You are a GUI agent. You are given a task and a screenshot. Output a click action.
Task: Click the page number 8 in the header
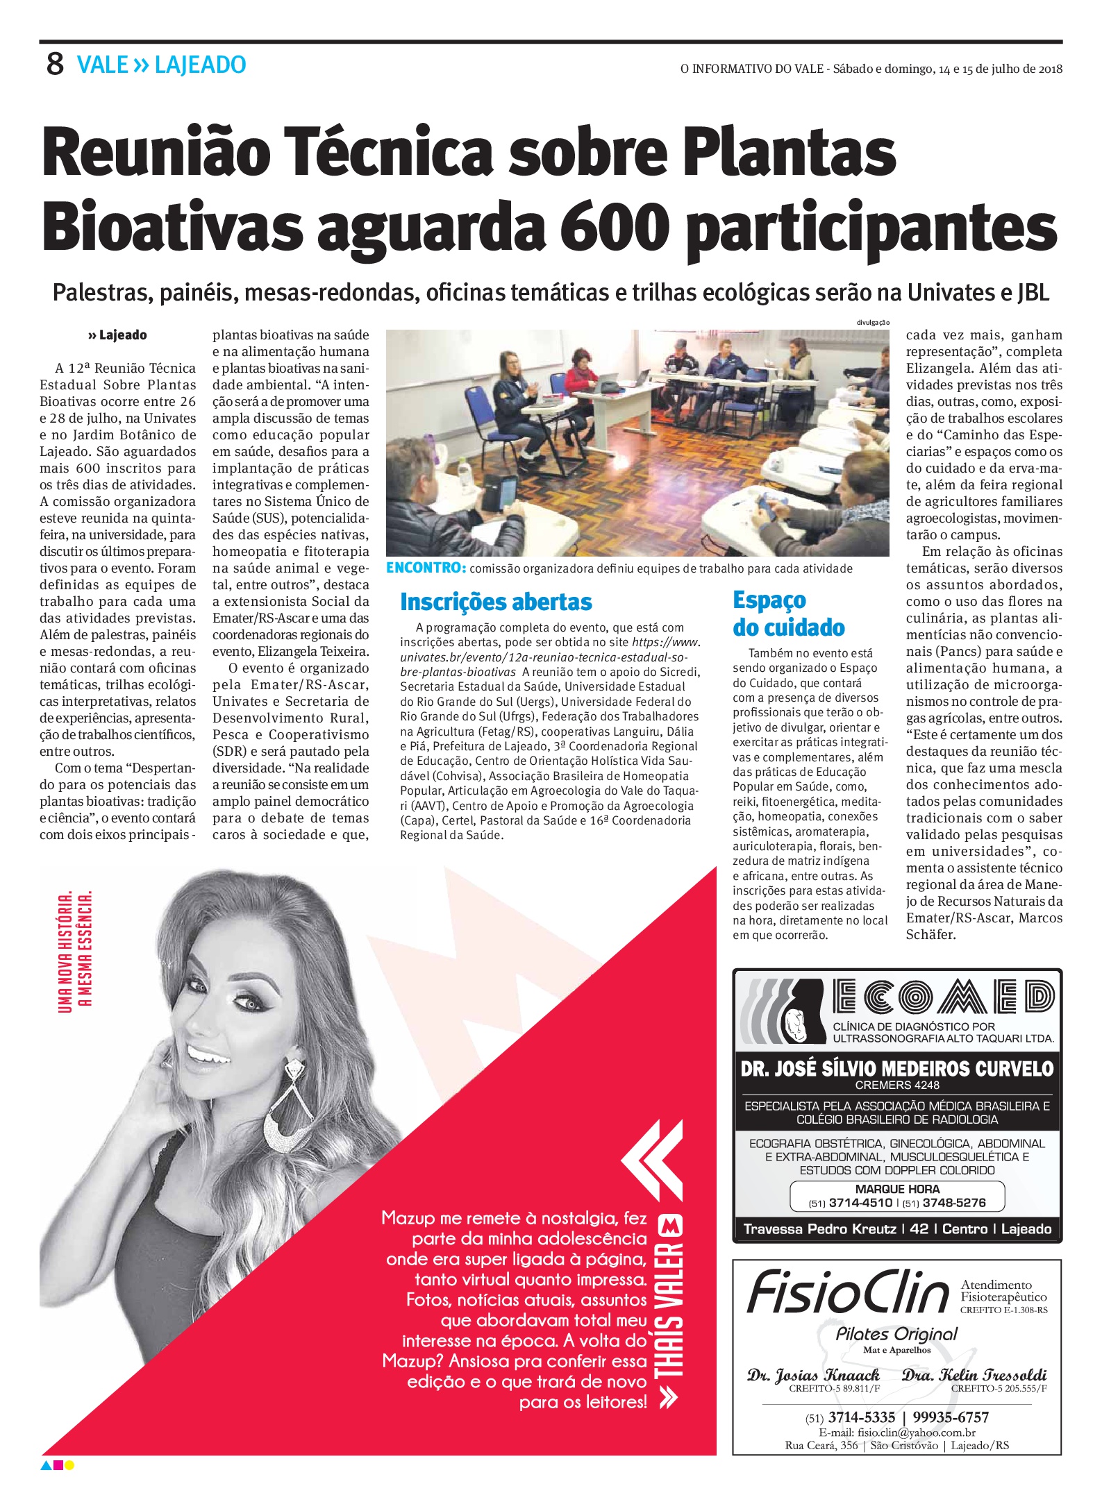click(55, 65)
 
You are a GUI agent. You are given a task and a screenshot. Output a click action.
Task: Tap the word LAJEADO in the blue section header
click(200, 65)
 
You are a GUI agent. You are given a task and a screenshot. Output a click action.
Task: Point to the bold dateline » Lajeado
click(117, 335)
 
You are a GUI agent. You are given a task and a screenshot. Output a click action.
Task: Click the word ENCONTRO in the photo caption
click(425, 568)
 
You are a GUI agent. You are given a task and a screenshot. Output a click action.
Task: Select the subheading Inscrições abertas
click(496, 602)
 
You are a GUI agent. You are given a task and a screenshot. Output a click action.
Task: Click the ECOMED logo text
click(944, 998)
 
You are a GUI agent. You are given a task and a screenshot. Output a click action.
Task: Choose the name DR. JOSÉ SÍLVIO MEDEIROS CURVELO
click(897, 1068)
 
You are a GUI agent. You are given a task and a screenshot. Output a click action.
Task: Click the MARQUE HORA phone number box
click(897, 1196)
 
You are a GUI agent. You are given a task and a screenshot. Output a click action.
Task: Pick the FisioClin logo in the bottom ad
click(848, 1292)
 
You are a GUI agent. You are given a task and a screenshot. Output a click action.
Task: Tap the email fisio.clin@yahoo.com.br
click(897, 1433)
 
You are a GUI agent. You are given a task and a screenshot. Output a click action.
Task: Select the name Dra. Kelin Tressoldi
click(974, 1376)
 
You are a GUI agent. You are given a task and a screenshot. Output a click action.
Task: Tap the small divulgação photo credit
click(873, 323)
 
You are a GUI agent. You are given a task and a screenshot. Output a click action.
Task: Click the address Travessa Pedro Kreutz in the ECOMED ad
click(819, 1229)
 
